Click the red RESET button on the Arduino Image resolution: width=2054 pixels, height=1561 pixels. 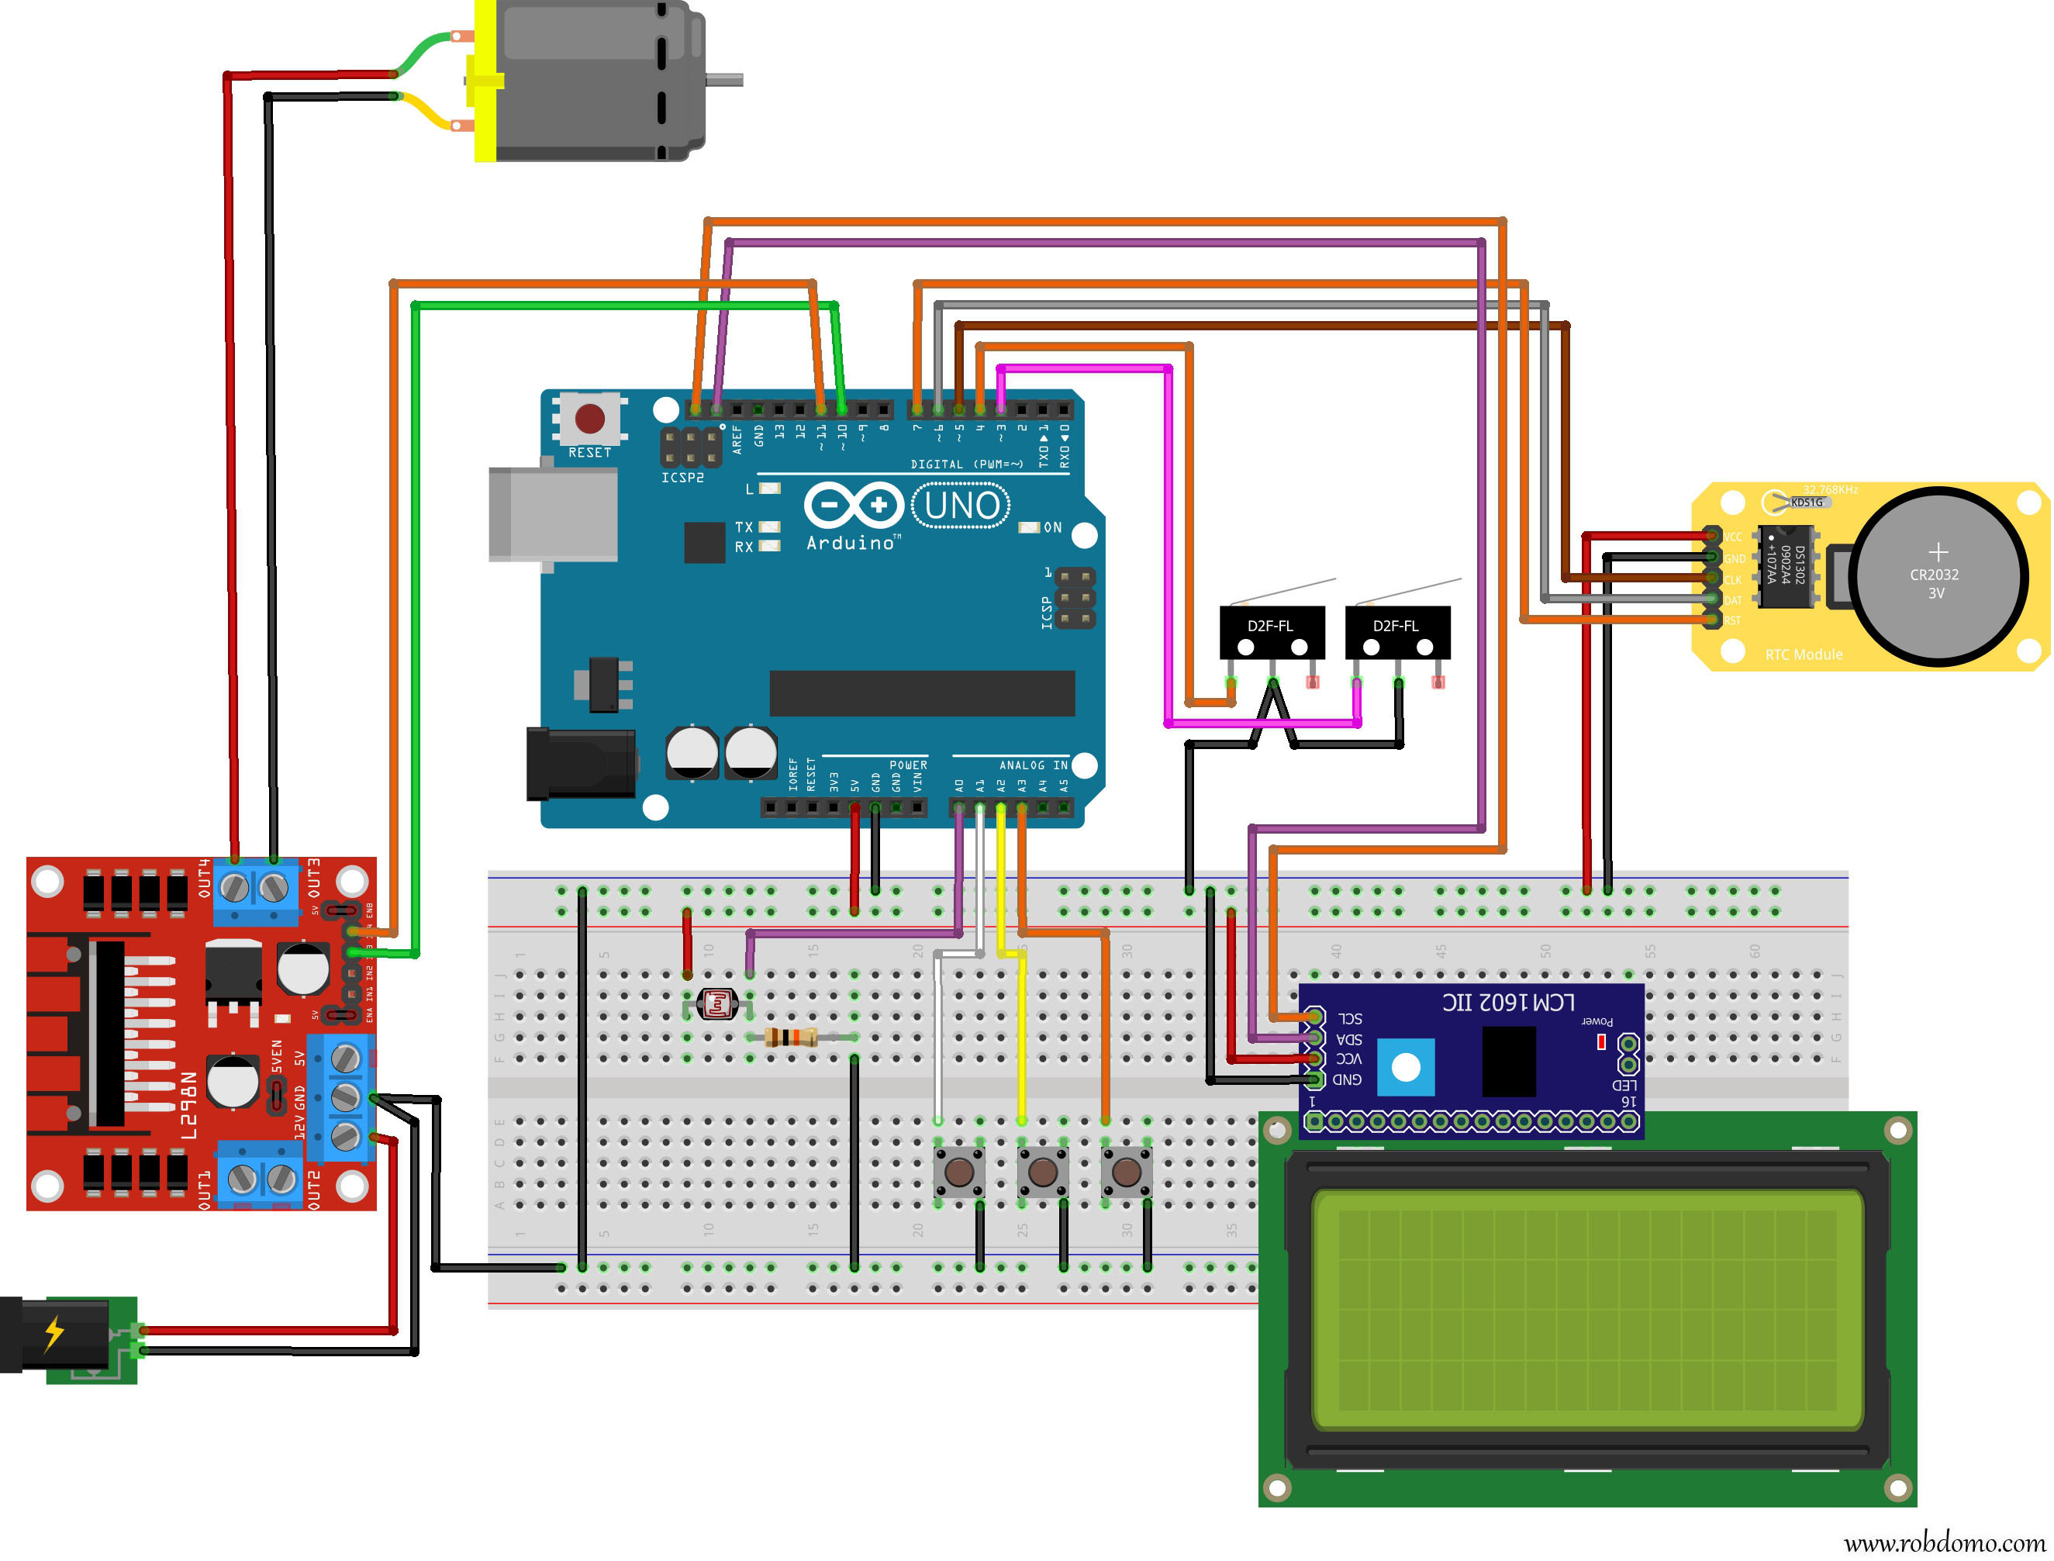tap(590, 418)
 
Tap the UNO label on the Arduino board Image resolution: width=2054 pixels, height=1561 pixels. tap(961, 506)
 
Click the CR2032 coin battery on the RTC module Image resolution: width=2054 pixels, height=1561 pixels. tap(1936, 576)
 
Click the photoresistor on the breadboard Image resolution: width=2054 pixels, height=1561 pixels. tap(718, 1004)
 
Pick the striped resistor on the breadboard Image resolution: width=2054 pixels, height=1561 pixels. tap(792, 1038)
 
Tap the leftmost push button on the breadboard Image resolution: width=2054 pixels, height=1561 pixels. tap(958, 1172)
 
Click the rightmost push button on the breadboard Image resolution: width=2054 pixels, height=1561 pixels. tap(1126, 1172)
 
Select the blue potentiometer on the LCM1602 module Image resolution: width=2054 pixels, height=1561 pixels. tap(1406, 1067)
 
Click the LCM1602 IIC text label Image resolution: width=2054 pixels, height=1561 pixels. tap(1508, 1003)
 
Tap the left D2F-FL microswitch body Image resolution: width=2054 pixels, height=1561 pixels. tap(1272, 633)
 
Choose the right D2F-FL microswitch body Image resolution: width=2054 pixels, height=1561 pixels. tap(1397, 633)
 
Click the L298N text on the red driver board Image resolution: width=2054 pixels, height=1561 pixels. tap(188, 1106)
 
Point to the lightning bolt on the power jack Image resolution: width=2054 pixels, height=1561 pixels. tap(54, 1332)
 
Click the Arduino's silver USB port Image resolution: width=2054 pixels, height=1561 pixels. tap(554, 514)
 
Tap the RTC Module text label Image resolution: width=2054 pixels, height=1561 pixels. tap(1804, 655)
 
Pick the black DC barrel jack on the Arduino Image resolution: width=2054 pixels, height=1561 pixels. tap(581, 764)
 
